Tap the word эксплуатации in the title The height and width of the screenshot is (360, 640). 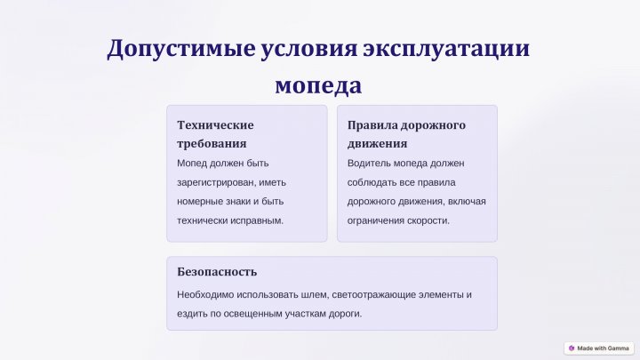click(x=446, y=49)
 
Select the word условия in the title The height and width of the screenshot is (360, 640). click(x=309, y=48)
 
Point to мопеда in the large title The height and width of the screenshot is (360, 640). click(x=318, y=85)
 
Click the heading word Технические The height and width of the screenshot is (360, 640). click(x=215, y=125)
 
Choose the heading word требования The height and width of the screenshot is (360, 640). click(x=212, y=144)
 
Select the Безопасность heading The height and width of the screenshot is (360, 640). click(x=217, y=272)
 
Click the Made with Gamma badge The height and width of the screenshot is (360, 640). click(x=599, y=348)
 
